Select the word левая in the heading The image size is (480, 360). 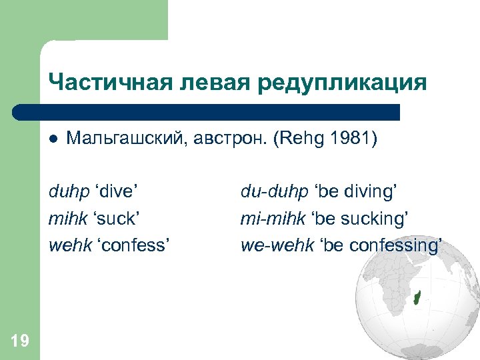point(201,83)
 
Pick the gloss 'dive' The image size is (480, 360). point(117,193)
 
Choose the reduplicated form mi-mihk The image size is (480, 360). point(271,219)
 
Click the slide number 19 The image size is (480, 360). point(20,341)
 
